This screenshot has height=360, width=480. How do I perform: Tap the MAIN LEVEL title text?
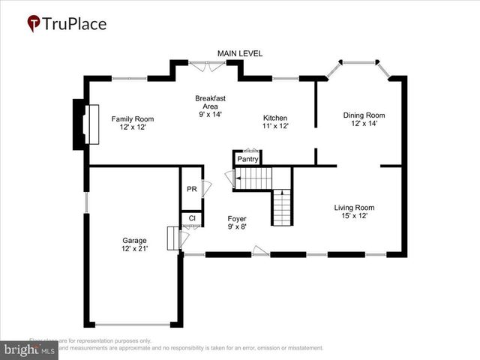coord(240,53)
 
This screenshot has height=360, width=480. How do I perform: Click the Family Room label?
coord(133,118)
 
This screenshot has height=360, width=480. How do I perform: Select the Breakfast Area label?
coord(211,98)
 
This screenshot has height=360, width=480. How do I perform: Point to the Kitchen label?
coord(275,118)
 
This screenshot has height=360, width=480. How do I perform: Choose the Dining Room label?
coord(364,115)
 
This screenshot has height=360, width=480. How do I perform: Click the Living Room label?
coord(354,208)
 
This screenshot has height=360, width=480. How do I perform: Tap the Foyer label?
coord(237,218)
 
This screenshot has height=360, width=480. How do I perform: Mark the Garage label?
coord(135,240)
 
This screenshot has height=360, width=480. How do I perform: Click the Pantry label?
coord(247,159)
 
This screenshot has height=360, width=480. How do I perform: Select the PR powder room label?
coord(191,189)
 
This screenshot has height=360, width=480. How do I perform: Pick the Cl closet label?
coord(192,218)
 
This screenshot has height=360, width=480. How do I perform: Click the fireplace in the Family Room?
coord(92,124)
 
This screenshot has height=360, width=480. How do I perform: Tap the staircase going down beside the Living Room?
coord(281,206)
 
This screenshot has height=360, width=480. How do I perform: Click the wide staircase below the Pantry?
coord(253,178)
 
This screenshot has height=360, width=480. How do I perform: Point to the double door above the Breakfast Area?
coord(205,66)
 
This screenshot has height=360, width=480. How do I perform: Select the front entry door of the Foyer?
coord(260,251)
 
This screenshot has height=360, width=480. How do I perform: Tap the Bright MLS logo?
coord(29,349)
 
